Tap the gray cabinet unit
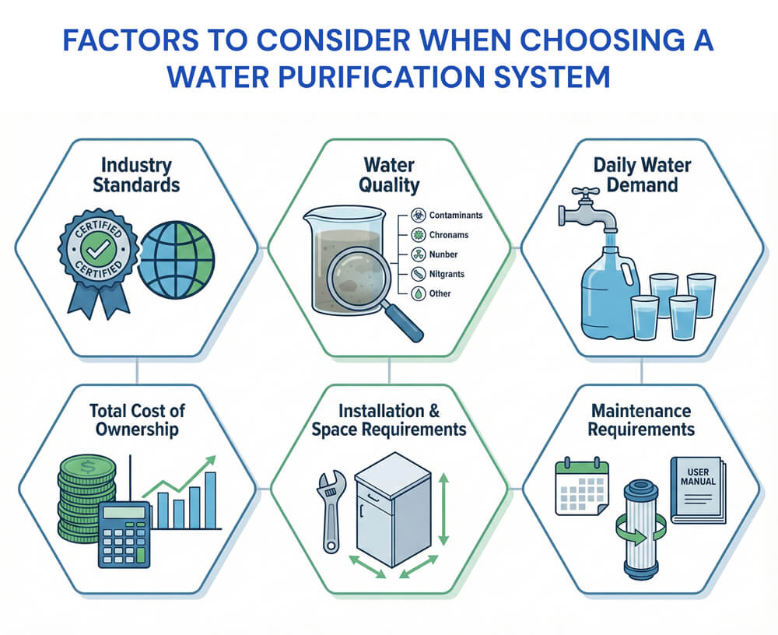click(391, 513)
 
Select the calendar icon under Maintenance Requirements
click(580, 488)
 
